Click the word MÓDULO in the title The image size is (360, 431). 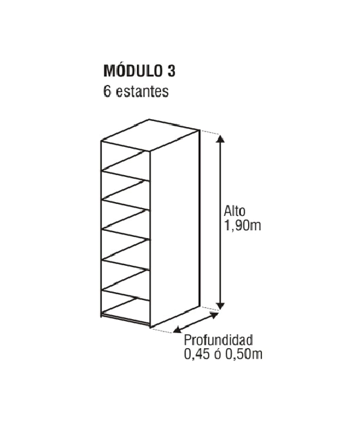click(x=133, y=70)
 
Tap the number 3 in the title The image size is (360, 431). click(x=171, y=71)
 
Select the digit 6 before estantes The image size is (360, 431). click(x=107, y=91)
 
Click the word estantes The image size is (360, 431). click(x=142, y=91)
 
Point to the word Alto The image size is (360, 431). click(x=234, y=211)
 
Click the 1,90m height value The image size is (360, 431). click(x=243, y=226)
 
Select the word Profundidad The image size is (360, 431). click(x=219, y=340)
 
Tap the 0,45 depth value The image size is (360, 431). click(x=197, y=354)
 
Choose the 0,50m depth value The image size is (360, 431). click(x=244, y=354)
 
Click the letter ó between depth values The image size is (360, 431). click(x=218, y=354)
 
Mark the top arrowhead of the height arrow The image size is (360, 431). click(x=220, y=138)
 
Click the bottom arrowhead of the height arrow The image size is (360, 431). click(x=220, y=306)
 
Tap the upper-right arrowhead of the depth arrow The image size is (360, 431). click(x=214, y=315)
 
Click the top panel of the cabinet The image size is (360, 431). click(x=150, y=136)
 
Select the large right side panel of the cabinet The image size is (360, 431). click(x=175, y=228)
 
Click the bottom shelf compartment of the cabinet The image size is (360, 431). click(x=126, y=308)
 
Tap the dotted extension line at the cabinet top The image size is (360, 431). click(x=210, y=132)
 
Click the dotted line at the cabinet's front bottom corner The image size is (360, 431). click(x=162, y=330)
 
